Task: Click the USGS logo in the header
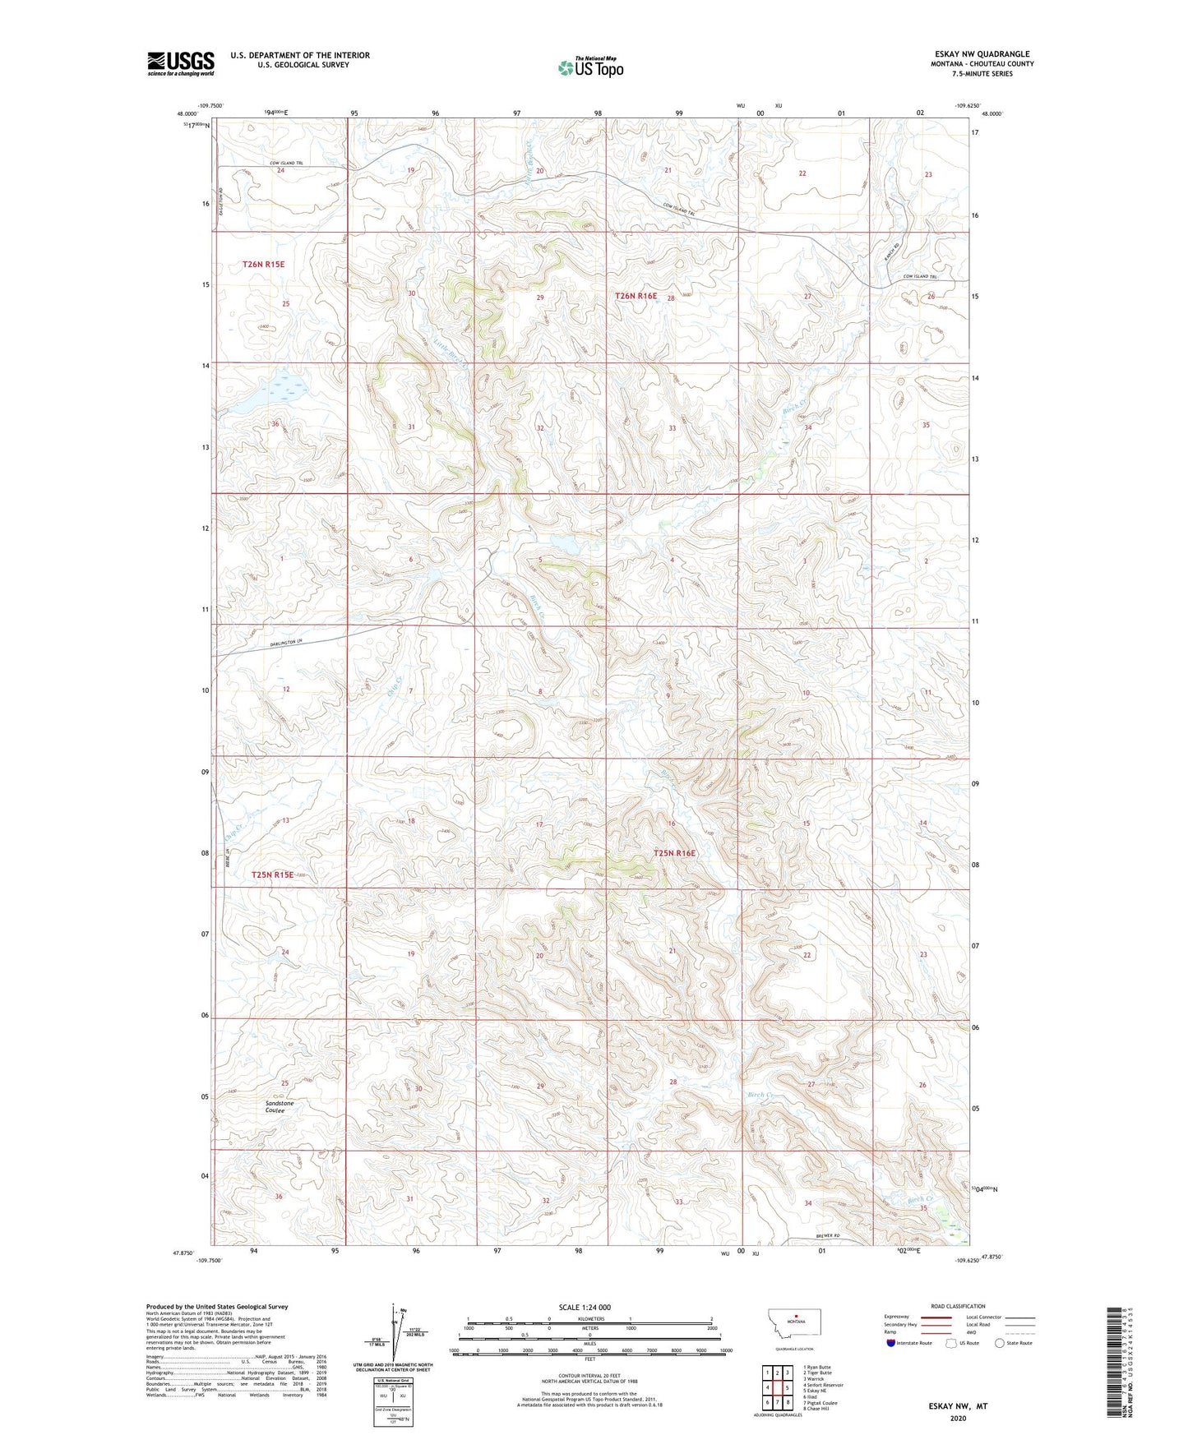[x=181, y=63]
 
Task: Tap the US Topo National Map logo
[x=590, y=67]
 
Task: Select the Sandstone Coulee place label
[x=280, y=1106]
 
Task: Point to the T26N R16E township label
[x=636, y=296]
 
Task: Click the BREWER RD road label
[x=828, y=1236]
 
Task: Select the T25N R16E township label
[x=674, y=853]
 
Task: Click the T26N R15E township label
[x=263, y=264]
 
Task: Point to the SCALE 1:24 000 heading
[x=584, y=1307]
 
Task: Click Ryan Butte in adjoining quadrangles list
[x=819, y=1368]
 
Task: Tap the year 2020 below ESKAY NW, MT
[x=958, y=1418]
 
